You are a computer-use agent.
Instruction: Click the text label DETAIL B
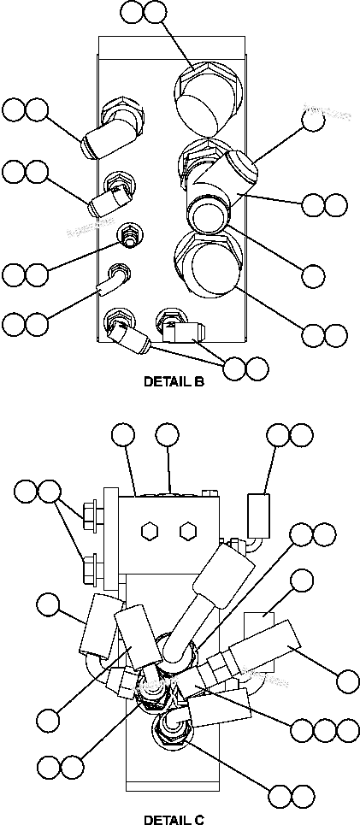coord(174,382)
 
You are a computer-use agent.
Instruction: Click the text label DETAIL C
coord(174,818)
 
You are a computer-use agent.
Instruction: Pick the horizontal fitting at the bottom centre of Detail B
coord(182,327)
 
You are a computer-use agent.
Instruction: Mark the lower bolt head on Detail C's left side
coord(88,567)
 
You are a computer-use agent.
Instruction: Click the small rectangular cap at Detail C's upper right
coord(258,511)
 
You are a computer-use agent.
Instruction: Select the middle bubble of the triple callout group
coord(324,729)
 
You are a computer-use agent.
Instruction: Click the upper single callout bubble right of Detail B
coord(314,120)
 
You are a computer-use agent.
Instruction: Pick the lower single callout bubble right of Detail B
coord(314,275)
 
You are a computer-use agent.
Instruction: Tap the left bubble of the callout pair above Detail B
coord(132,12)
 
